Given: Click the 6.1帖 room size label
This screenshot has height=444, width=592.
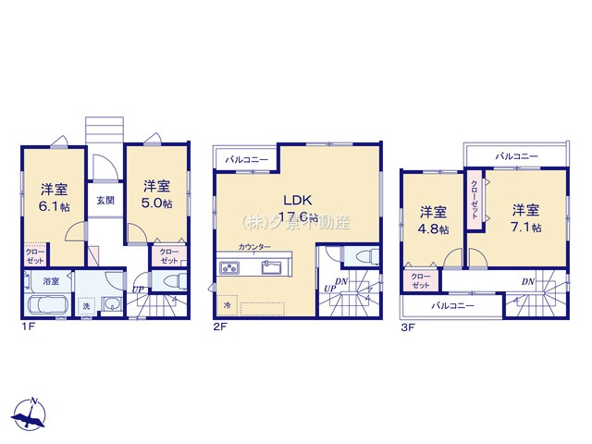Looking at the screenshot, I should (53, 207).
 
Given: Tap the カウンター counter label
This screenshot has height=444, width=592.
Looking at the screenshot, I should (254, 247).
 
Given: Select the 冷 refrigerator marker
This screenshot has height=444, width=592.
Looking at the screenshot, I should (226, 303).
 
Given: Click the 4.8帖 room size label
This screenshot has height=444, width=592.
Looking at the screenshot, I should (433, 228).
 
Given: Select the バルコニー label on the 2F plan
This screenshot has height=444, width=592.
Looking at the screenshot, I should (247, 160).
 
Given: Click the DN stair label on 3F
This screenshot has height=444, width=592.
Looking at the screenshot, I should (526, 281).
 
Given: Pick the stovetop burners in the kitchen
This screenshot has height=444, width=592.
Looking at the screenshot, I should (229, 267).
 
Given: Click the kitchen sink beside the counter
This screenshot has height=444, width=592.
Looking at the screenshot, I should (272, 267).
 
